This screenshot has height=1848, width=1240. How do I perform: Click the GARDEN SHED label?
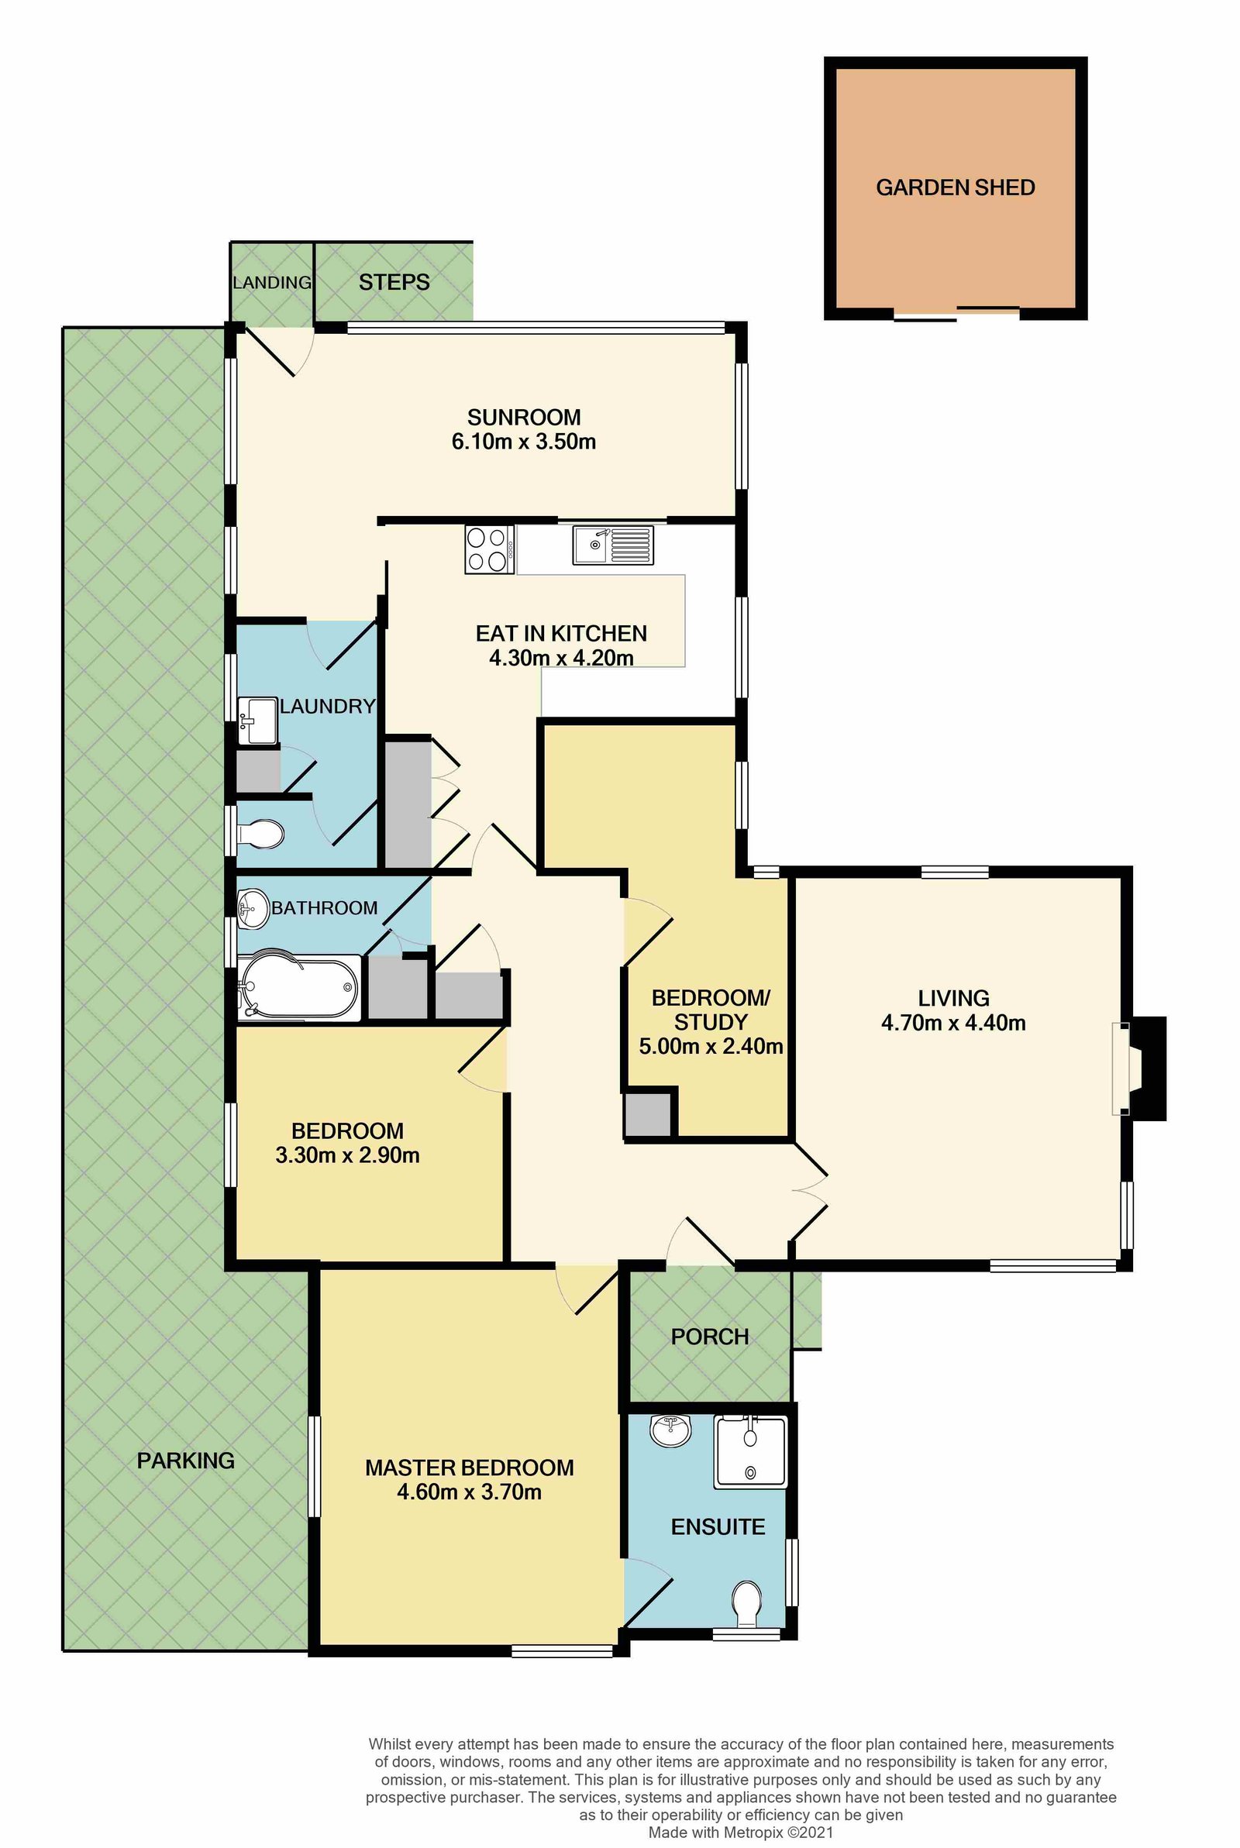click(955, 188)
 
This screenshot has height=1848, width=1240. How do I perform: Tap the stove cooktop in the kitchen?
click(487, 549)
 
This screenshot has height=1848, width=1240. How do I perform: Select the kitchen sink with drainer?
click(613, 545)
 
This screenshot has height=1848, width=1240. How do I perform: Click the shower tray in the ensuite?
click(749, 1452)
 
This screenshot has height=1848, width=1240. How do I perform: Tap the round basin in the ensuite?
click(670, 1430)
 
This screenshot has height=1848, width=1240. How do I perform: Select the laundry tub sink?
click(257, 720)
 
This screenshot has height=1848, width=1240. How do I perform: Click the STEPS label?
click(394, 282)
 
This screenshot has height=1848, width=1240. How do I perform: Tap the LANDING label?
click(271, 282)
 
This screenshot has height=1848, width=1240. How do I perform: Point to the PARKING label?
click(185, 1460)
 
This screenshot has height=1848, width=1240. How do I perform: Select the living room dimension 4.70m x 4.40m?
click(953, 1023)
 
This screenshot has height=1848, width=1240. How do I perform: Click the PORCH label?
click(709, 1337)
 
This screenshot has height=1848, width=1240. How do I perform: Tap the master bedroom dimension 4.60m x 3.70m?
click(469, 1492)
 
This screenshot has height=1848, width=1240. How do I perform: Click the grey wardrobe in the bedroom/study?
click(648, 1114)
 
